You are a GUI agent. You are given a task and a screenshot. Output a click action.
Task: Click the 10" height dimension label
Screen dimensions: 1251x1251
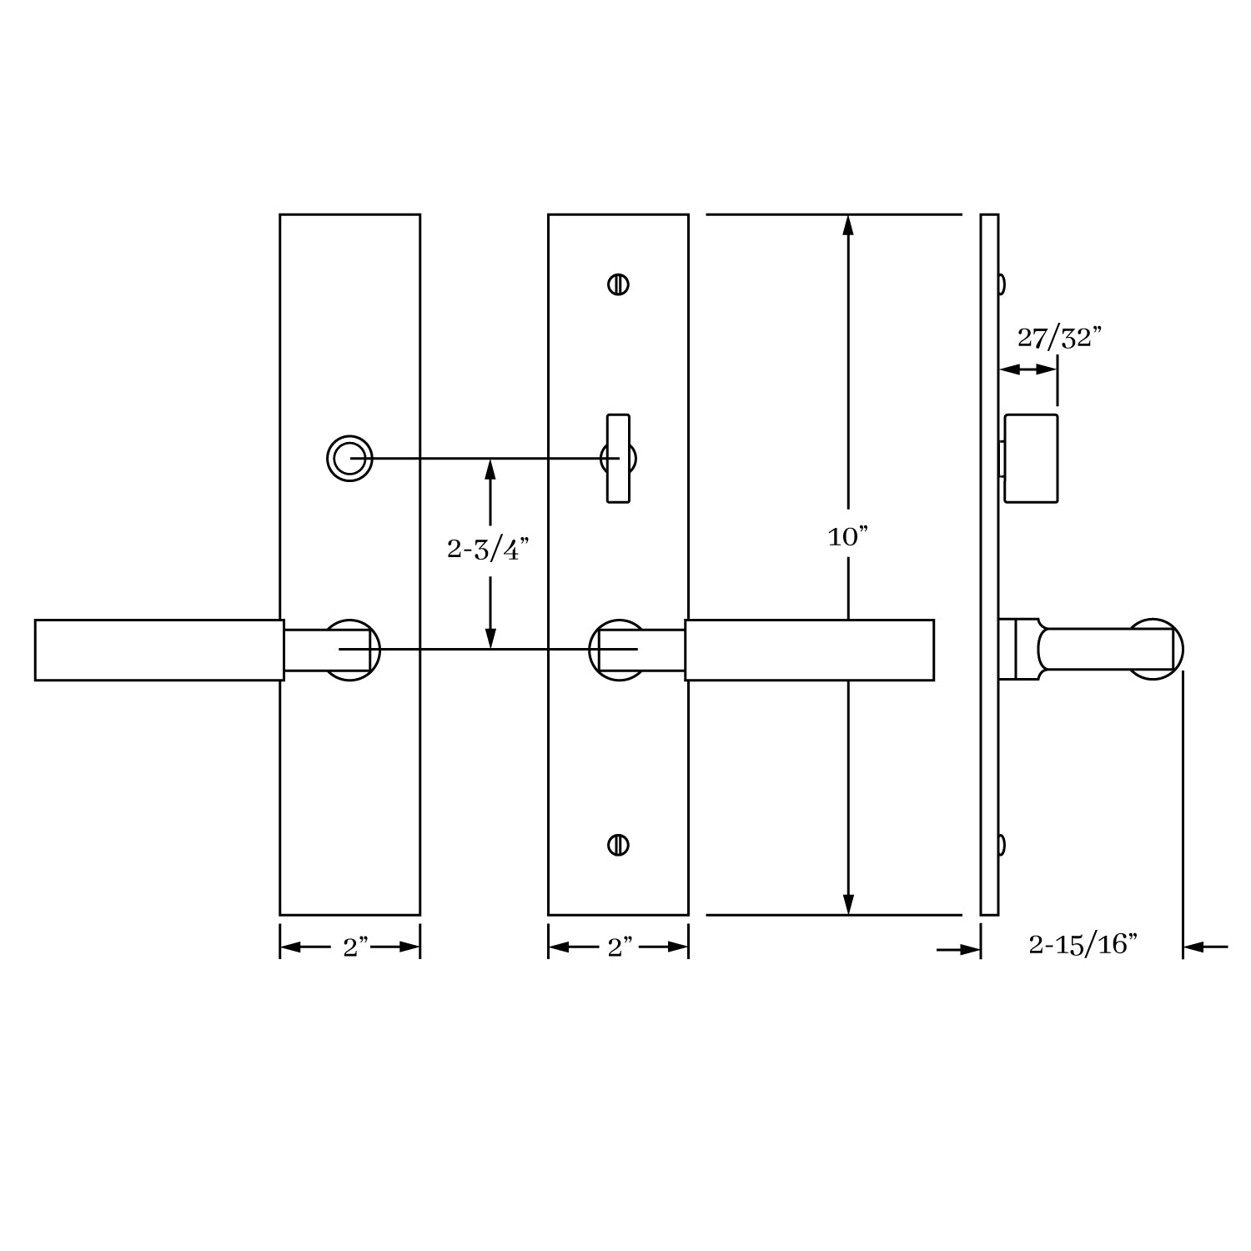[x=848, y=538]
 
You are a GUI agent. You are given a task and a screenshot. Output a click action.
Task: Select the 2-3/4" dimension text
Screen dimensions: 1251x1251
[x=489, y=550]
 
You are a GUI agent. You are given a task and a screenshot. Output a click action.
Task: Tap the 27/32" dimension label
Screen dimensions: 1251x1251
[x=1059, y=338]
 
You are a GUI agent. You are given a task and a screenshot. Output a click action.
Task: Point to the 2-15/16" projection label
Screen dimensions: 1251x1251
[x=1083, y=945]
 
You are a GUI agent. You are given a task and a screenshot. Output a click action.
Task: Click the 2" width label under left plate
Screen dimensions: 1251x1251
[x=355, y=947]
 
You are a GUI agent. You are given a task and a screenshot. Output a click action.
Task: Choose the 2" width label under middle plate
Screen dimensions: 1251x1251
[x=620, y=947]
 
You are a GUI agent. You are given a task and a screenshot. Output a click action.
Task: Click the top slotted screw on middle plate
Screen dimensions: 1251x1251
[x=618, y=284]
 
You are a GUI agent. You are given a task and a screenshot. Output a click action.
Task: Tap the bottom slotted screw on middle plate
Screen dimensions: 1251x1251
[x=618, y=844]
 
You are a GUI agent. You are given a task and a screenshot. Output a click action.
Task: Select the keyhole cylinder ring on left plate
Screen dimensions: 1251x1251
[x=349, y=458]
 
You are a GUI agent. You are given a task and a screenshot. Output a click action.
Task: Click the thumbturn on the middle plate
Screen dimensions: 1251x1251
[x=618, y=458]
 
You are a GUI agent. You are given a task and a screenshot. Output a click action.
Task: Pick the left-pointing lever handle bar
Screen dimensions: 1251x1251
[x=158, y=650]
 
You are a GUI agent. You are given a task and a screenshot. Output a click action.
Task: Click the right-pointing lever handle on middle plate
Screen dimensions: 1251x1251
[x=809, y=650]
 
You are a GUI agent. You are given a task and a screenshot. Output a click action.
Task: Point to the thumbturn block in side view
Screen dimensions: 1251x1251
[x=1031, y=458]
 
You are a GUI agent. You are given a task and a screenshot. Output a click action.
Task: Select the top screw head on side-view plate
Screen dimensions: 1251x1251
[x=1001, y=284]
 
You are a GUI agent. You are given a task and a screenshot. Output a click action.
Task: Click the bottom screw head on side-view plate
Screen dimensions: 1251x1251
[x=1001, y=845]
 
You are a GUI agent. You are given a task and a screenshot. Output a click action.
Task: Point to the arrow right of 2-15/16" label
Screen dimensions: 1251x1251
[x=1205, y=947]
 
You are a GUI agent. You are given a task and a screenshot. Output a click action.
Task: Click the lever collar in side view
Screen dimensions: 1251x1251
[x=1019, y=649]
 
